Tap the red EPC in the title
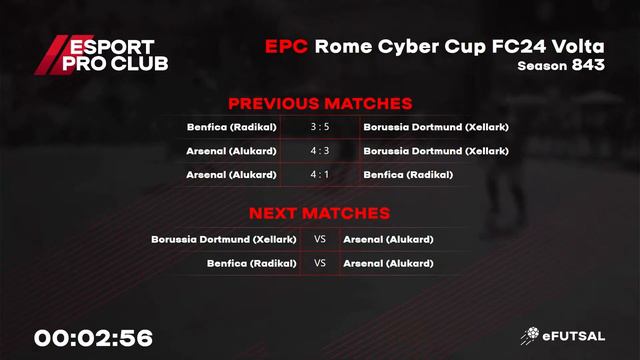click(286, 47)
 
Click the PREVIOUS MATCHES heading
click(320, 104)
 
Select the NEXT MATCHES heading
click(319, 213)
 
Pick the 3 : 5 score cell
click(319, 127)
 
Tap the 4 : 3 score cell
click(319, 151)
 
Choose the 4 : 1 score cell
click(319, 175)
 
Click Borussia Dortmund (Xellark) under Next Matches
click(224, 240)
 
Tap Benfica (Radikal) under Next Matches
click(252, 264)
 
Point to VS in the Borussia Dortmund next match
click(320, 240)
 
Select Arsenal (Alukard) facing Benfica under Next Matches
click(388, 264)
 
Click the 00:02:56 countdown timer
click(93, 338)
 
